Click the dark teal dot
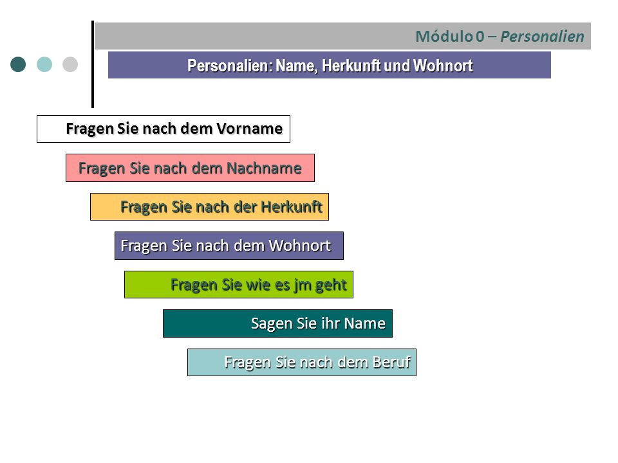click(x=18, y=64)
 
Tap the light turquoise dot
click(x=44, y=64)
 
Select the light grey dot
click(x=70, y=64)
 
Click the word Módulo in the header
click(x=444, y=36)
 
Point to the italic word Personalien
click(x=542, y=36)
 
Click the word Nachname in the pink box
click(x=264, y=168)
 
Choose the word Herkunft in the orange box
click(x=292, y=206)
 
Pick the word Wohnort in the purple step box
click(x=299, y=245)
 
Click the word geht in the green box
click(x=331, y=285)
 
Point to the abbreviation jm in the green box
click(x=303, y=285)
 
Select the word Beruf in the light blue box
click(x=392, y=362)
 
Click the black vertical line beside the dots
click(x=93, y=64)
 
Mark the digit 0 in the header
click(x=480, y=36)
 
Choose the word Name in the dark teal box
click(x=364, y=323)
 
